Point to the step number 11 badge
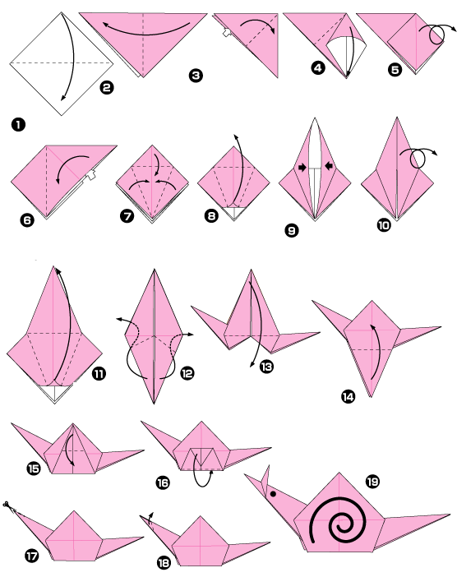(x=99, y=374)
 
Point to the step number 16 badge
(x=163, y=484)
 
